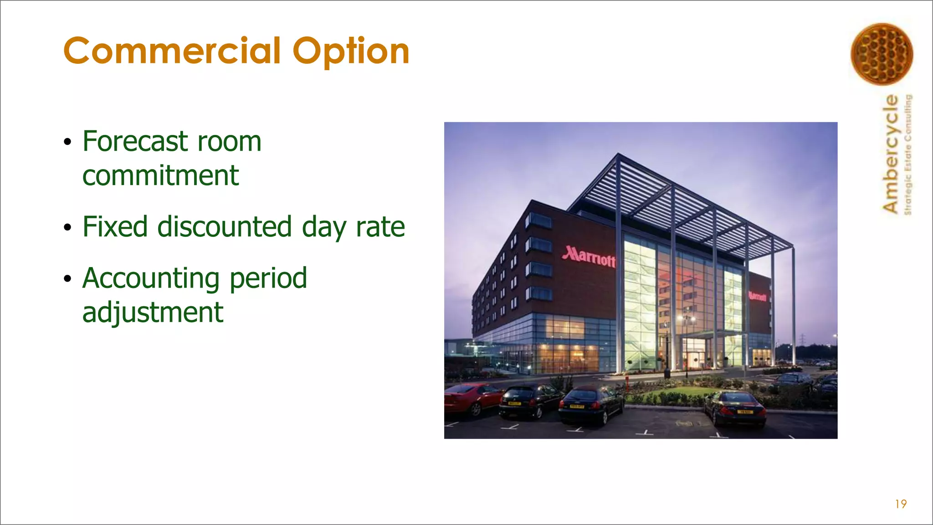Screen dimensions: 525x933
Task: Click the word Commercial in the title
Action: pyautogui.click(x=172, y=51)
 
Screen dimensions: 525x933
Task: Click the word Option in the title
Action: pyautogui.click(x=351, y=51)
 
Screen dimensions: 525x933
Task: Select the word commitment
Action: pyautogui.click(x=160, y=176)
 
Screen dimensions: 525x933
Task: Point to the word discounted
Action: pyautogui.click(x=225, y=226)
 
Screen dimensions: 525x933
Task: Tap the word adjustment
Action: pyautogui.click(x=153, y=313)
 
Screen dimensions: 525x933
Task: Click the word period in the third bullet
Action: pyautogui.click(x=268, y=278)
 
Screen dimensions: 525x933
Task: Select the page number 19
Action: pyautogui.click(x=901, y=504)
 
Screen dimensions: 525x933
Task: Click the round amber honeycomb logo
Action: pyautogui.click(x=882, y=54)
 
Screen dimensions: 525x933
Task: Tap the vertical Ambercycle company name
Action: pyautogui.click(x=891, y=154)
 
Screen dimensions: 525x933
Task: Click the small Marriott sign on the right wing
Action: pyautogui.click(x=758, y=297)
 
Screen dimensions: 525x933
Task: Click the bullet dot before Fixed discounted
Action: pyautogui.click(x=68, y=227)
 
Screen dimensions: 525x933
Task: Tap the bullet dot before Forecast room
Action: pyautogui.click(x=68, y=142)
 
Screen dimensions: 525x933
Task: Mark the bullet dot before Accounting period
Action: pyautogui.click(x=68, y=279)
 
